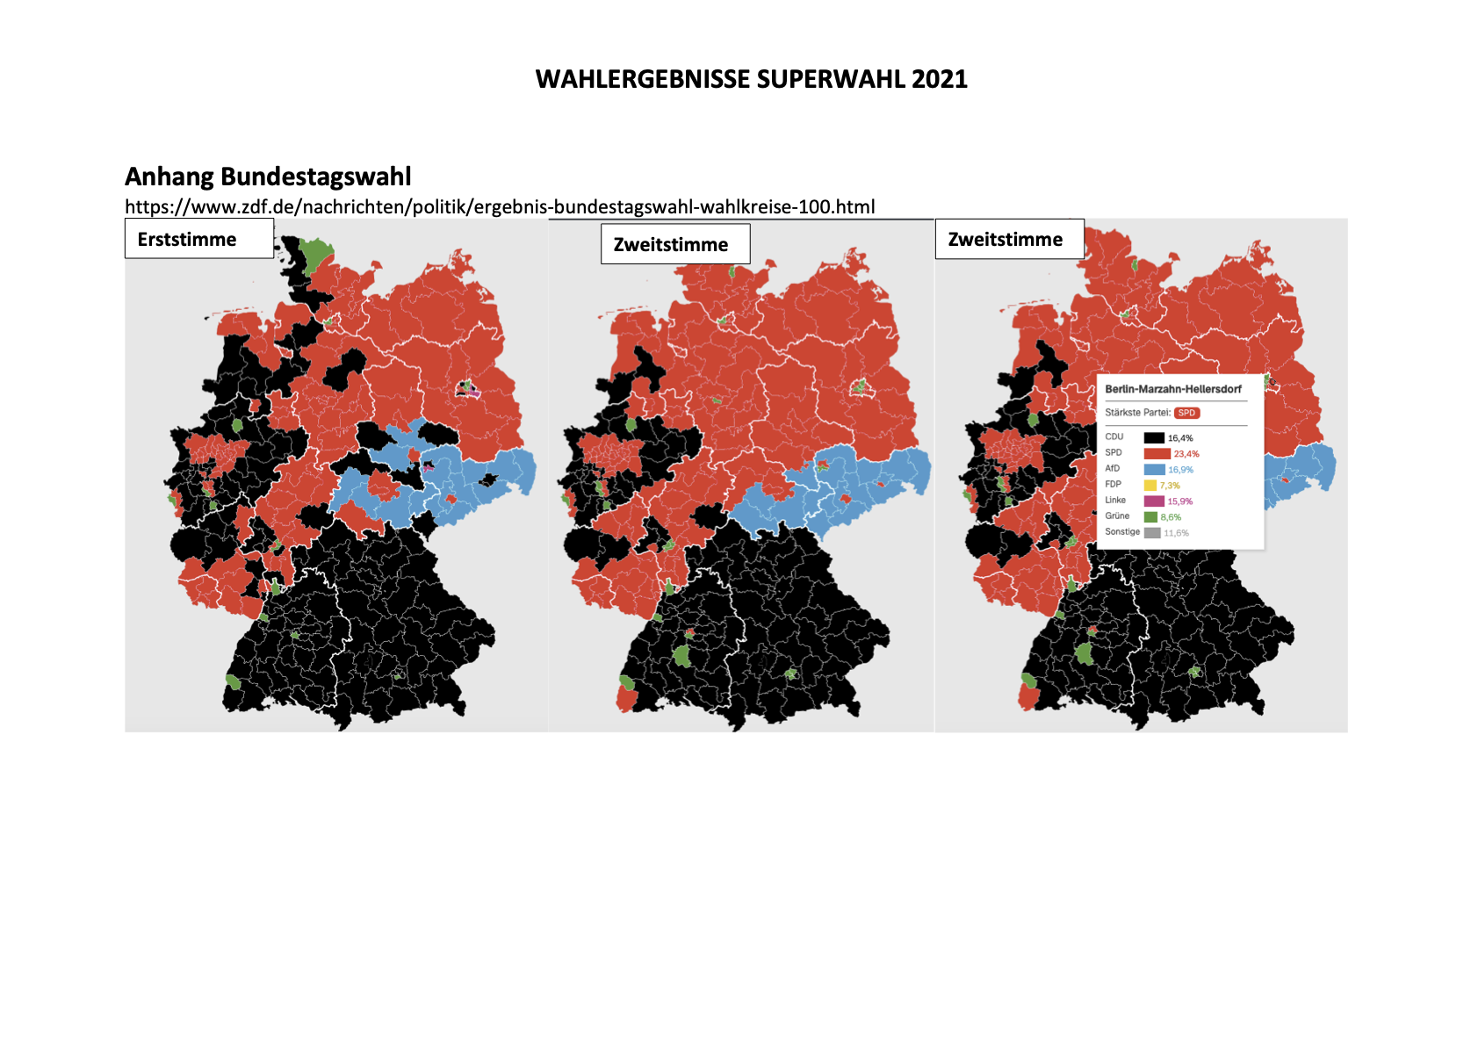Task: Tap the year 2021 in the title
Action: pos(939,79)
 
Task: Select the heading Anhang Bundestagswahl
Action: pos(268,177)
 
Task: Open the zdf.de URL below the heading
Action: pos(500,206)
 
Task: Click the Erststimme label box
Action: pos(199,239)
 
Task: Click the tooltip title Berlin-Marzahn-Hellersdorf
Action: pos(1173,389)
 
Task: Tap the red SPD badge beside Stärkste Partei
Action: pos(1186,413)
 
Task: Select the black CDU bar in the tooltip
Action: pos(1154,437)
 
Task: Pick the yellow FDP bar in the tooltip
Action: pos(1150,486)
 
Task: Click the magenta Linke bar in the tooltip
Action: pos(1154,501)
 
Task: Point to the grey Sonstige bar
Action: pos(1152,533)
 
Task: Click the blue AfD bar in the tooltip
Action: pos(1154,470)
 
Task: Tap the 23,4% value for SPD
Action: pos(1186,454)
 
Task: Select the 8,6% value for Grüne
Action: pos(1171,517)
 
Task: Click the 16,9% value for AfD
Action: pos(1180,470)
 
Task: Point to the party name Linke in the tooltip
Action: pos(1115,501)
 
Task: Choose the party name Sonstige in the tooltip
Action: pos(1122,532)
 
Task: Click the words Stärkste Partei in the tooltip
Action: pos(1137,413)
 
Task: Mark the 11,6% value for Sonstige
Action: pos(1176,533)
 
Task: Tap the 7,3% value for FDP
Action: pos(1170,486)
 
